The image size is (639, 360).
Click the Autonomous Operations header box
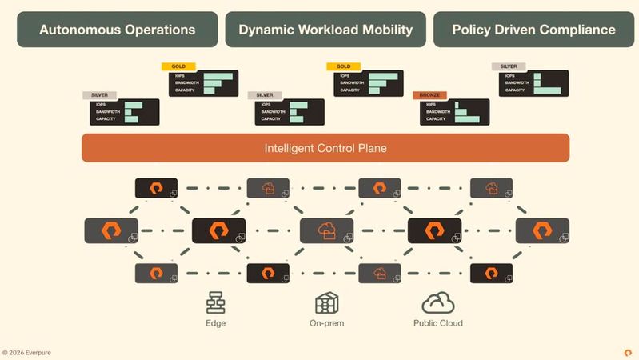(x=118, y=30)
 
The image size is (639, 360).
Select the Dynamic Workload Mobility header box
(x=325, y=30)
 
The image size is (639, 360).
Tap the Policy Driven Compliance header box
(x=533, y=30)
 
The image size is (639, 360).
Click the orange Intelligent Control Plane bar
(x=325, y=148)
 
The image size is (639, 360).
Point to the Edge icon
(x=215, y=303)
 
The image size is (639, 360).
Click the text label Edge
(x=215, y=323)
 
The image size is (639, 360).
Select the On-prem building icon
(x=326, y=303)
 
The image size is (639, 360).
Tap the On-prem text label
(x=326, y=323)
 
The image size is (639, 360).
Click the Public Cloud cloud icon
(x=437, y=303)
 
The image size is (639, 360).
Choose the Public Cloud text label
(x=437, y=323)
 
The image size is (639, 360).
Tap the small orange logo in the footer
(x=628, y=352)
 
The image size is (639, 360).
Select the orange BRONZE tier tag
(x=431, y=95)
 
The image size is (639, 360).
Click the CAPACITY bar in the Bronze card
(x=467, y=119)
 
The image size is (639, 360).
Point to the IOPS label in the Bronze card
(x=431, y=105)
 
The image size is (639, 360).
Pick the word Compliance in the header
(x=577, y=30)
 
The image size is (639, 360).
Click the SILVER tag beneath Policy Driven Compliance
(x=509, y=66)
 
